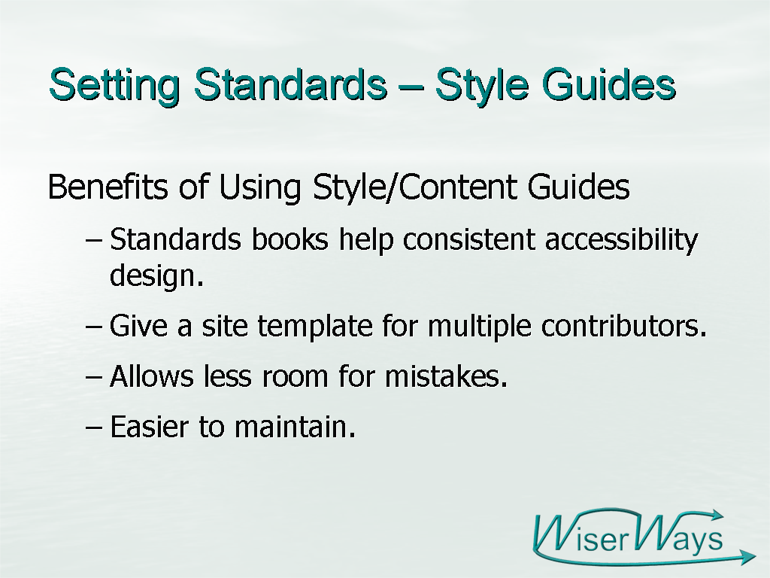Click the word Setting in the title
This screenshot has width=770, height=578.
click(x=114, y=84)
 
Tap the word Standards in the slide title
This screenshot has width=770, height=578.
click(x=290, y=84)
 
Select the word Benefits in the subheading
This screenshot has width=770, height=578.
click(x=108, y=187)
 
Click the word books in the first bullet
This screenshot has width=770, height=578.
click(x=290, y=239)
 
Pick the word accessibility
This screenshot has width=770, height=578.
click(x=622, y=240)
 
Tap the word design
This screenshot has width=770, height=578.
click(x=156, y=275)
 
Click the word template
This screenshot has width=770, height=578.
click(x=315, y=325)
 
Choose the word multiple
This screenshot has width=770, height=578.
click(x=479, y=326)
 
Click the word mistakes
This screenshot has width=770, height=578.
click(x=446, y=376)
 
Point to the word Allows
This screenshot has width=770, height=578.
click(x=152, y=376)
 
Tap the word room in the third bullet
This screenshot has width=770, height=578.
click(x=295, y=378)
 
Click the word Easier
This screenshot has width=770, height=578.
click(x=150, y=426)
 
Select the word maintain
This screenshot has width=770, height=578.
click(x=295, y=426)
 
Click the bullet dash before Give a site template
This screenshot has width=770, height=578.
click(x=94, y=327)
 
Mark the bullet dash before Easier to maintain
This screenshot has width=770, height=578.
click(x=94, y=427)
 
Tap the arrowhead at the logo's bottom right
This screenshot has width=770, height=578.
click(x=747, y=557)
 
